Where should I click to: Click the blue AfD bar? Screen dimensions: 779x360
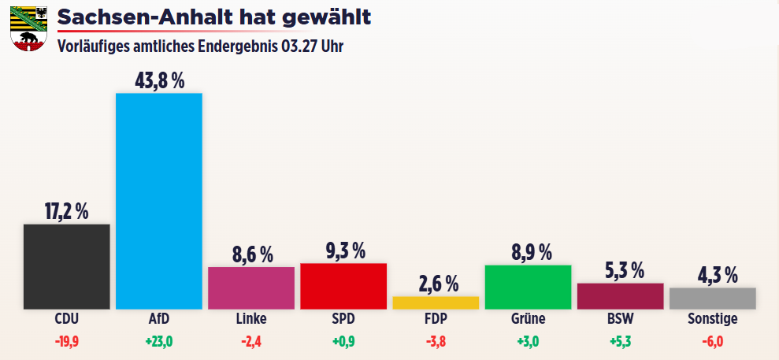159,201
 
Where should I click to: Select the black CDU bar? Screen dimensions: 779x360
67,266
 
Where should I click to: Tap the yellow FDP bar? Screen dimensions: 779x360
436,303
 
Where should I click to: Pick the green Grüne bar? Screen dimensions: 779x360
528,287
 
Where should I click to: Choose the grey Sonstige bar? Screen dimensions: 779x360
713,299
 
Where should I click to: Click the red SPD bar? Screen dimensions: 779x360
343,286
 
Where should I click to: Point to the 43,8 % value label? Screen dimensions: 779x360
159,81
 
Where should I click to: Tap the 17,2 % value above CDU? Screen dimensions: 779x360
67,212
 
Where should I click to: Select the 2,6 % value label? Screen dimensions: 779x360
436,284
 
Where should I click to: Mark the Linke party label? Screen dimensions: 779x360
251,319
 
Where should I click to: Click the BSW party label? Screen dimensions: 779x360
621,319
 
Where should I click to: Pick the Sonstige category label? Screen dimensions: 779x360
713,319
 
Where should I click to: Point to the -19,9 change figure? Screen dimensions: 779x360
67,342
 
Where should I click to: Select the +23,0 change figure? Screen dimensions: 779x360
159,342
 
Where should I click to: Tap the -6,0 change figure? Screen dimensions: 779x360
713,342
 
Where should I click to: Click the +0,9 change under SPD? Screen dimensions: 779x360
343,342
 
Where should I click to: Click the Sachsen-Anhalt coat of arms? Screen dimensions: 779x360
28,28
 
